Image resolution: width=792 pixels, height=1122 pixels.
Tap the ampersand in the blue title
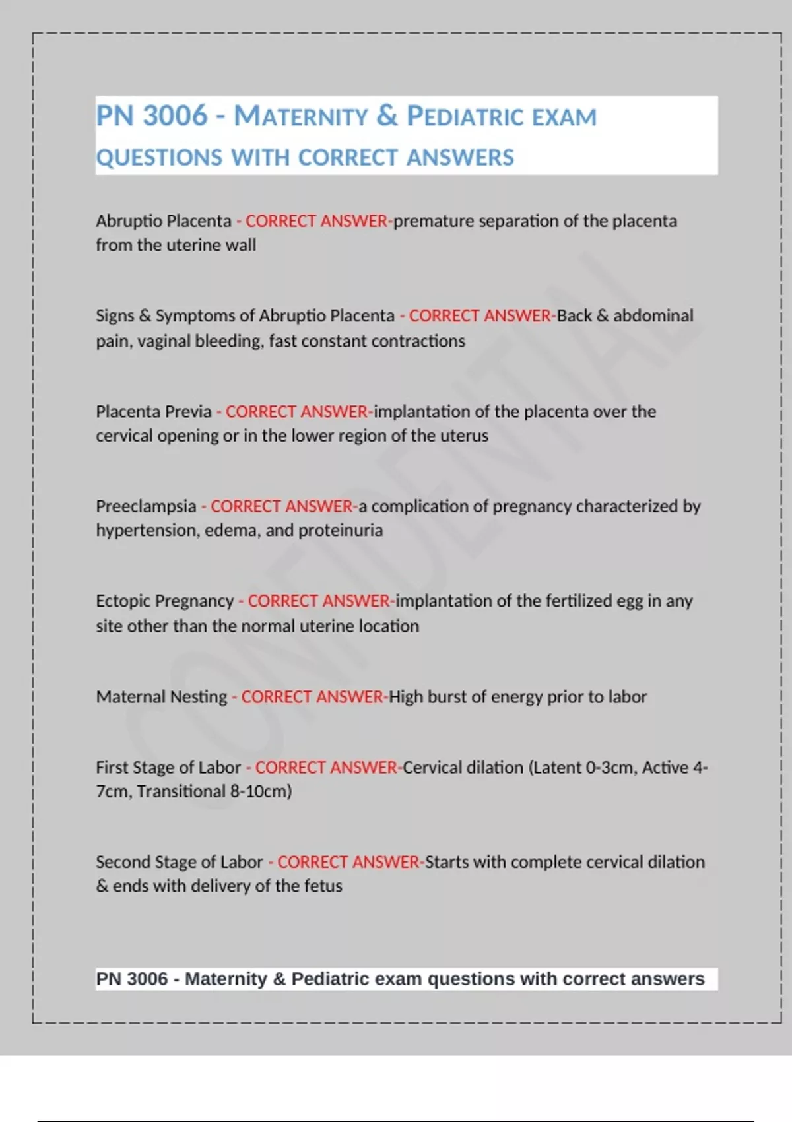[x=387, y=116]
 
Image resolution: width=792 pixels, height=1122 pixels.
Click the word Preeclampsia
[x=146, y=506]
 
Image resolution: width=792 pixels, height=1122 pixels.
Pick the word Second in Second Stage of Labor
[x=121, y=862]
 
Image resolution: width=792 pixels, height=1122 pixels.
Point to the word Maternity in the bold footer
[x=226, y=979]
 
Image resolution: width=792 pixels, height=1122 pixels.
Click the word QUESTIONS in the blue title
[x=160, y=158]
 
